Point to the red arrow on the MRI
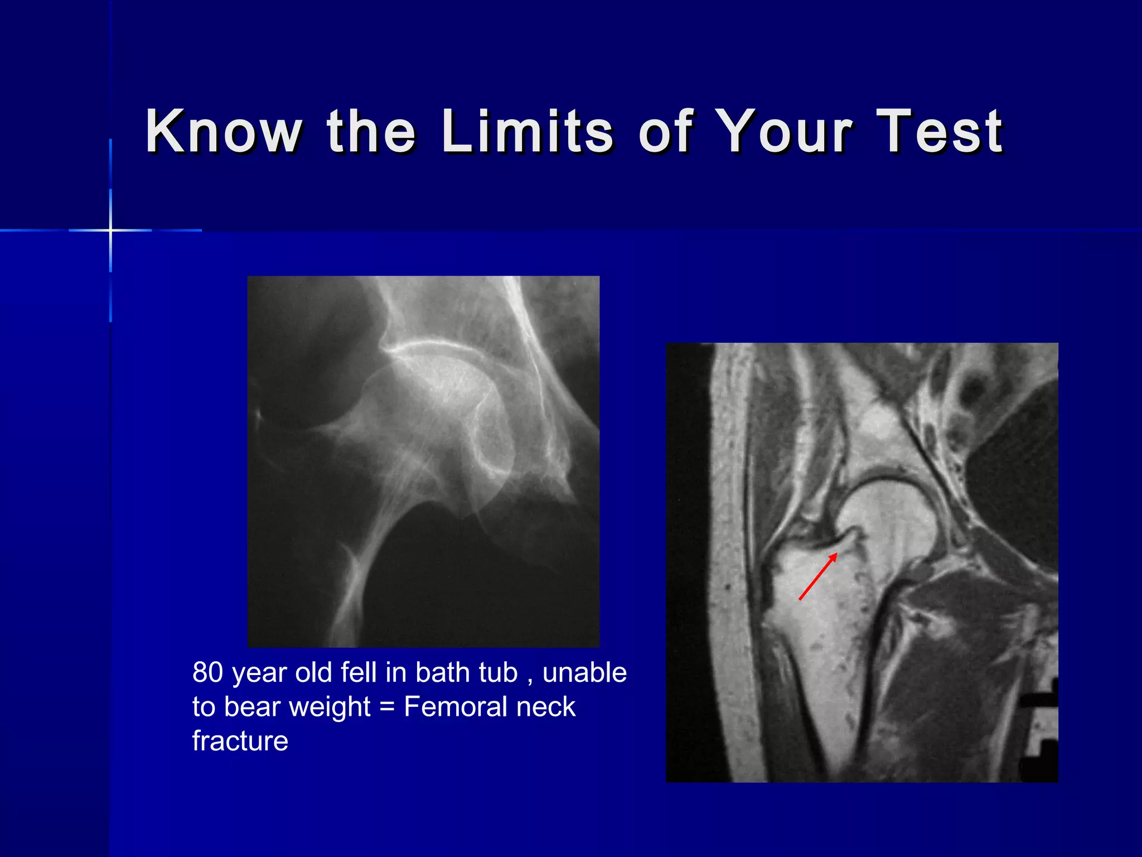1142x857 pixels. (818, 576)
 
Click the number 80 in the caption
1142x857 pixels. (207, 672)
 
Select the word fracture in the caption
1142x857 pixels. (240, 742)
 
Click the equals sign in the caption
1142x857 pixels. (386, 707)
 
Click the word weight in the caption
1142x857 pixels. (330, 707)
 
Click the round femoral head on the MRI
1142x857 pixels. (887, 519)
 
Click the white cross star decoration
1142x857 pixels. (110, 230)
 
